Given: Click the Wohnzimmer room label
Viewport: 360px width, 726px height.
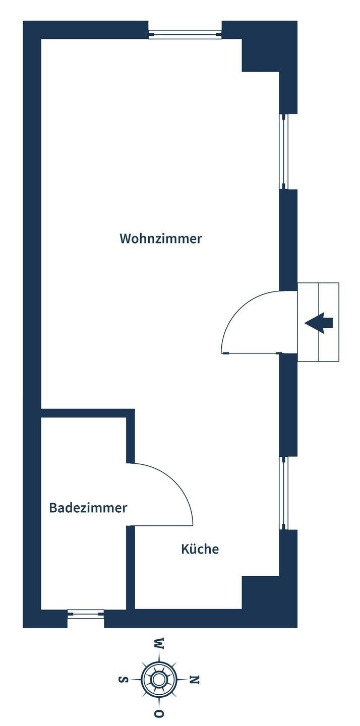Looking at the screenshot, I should pyautogui.click(x=160, y=238).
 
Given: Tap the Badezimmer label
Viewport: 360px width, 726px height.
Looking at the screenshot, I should pyautogui.click(x=88, y=508).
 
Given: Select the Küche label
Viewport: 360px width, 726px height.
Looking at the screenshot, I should pyautogui.click(x=200, y=549).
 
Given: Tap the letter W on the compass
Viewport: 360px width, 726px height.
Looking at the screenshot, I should pyautogui.click(x=159, y=643).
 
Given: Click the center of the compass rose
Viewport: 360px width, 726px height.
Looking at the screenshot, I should pyautogui.click(x=159, y=679).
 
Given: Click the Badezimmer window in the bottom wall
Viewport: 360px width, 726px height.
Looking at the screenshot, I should pyautogui.click(x=86, y=614).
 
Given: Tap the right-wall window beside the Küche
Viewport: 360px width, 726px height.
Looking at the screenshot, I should pyautogui.click(x=283, y=493).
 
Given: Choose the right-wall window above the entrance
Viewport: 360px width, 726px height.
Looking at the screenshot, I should pyautogui.click(x=283, y=151).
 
